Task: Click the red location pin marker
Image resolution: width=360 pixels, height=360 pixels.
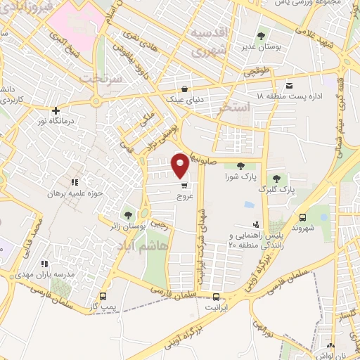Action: pyautogui.click(x=181, y=165)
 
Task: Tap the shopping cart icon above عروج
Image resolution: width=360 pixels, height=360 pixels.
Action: pyautogui.click(x=184, y=186)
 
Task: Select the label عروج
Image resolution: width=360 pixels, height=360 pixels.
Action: pyautogui.click(x=184, y=198)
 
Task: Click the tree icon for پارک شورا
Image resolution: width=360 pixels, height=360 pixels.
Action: pyautogui.click(x=241, y=166)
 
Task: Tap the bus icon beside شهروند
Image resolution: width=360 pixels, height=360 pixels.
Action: pyautogui.click(x=303, y=217)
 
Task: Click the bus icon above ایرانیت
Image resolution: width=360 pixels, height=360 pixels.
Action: pyautogui.click(x=217, y=296)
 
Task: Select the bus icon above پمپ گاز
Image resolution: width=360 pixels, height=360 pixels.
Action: pyautogui.click(x=104, y=296)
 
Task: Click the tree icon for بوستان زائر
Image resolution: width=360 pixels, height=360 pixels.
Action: pyautogui.click(x=128, y=214)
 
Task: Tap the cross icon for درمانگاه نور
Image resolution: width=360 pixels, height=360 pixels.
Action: pyautogui.click(x=56, y=110)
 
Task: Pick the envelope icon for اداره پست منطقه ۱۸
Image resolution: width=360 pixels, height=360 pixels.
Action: pyautogui.click(x=290, y=84)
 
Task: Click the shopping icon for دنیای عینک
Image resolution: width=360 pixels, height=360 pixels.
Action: pyautogui.click(x=184, y=89)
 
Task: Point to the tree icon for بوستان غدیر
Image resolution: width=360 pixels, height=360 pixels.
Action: pyautogui.click(x=261, y=34)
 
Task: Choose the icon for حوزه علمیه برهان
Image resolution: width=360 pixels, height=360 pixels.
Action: pyautogui.click(x=73, y=182)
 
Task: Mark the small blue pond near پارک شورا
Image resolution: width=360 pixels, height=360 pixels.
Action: pyautogui.click(x=248, y=205)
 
